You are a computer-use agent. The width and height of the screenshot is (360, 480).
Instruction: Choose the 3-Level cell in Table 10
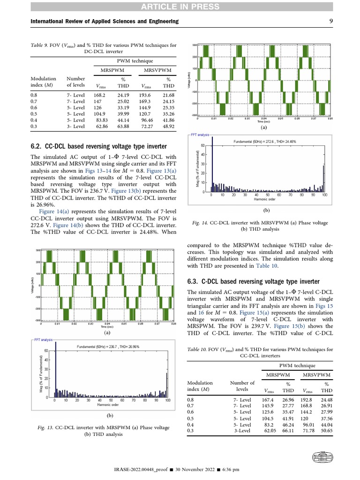coord(242,430)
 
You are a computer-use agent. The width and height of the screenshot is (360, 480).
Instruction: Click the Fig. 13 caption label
coord(45,427)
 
